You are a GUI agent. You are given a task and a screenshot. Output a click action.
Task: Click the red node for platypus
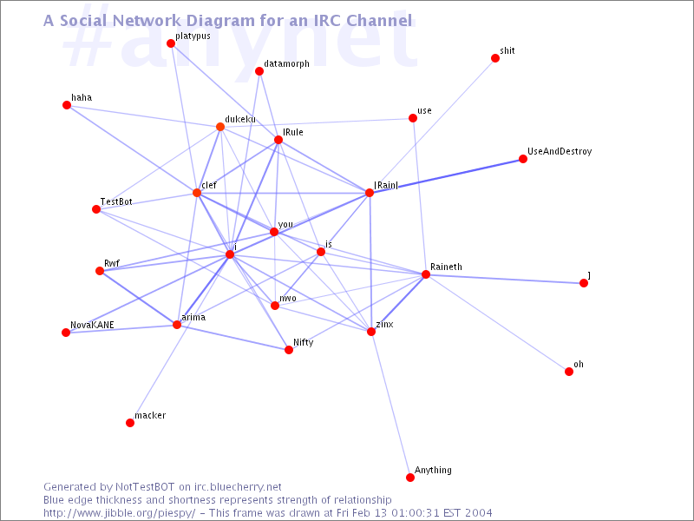pos(171,43)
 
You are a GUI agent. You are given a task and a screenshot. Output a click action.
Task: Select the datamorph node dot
pos(259,71)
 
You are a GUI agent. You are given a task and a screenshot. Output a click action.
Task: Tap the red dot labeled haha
pos(67,105)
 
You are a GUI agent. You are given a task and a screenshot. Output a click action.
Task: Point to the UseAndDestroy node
pos(523,159)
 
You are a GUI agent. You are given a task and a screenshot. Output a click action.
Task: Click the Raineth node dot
pos(426,274)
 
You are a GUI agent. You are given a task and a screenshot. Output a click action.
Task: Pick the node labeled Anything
pos(410,477)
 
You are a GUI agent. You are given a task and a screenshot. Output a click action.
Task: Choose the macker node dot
pos(130,423)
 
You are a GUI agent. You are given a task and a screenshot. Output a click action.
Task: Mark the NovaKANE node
pos(66,333)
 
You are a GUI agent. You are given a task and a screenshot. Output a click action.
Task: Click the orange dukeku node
pos(220,127)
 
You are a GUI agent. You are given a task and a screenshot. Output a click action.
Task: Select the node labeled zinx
pos(371,332)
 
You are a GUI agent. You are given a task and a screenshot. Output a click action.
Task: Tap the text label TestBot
pos(116,202)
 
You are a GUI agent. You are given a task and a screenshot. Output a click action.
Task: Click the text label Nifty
pos(303,342)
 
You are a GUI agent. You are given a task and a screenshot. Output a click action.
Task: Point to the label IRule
pos(293,133)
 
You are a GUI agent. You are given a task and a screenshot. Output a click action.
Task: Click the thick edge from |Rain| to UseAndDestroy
pos(446,176)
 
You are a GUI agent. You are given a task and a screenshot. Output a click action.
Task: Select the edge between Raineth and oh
pos(497,323)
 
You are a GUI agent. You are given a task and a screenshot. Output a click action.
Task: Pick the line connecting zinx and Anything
pos(391,405)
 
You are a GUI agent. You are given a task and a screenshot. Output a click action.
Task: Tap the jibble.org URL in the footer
pos(120,513)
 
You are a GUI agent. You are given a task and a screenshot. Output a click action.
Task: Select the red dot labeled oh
pos(569,372)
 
